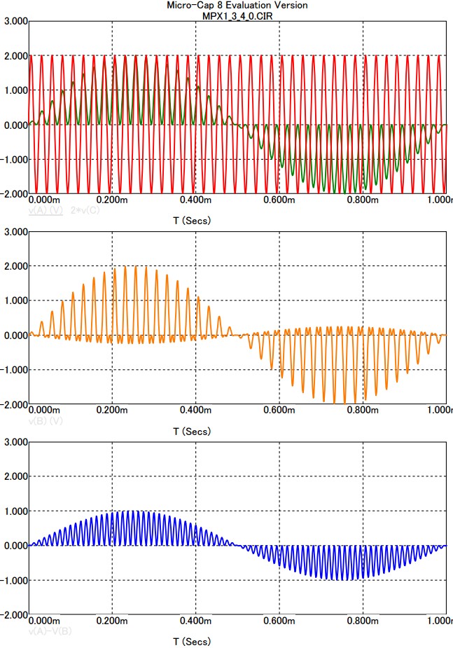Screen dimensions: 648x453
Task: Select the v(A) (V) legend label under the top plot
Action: point(46,209)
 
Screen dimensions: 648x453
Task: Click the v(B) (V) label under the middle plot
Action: point(46,420)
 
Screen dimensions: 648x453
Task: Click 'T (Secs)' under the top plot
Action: point(191,221)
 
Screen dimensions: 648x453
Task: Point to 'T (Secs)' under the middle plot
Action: point(191,432)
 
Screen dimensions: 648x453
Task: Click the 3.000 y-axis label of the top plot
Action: point(15,22)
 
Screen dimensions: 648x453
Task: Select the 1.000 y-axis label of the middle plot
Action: point(15,301)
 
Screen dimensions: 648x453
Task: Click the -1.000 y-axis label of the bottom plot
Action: point(14,581)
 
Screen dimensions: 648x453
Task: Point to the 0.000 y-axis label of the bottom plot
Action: point(15,546)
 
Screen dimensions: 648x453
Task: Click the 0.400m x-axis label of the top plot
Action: point(195,200)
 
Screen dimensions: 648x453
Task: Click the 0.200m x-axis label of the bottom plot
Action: point(112,621)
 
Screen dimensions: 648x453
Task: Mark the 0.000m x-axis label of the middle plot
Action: point(48,410)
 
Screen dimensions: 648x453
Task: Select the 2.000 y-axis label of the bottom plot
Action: point(15,476)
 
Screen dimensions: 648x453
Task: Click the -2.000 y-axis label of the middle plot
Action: point(14,404)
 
